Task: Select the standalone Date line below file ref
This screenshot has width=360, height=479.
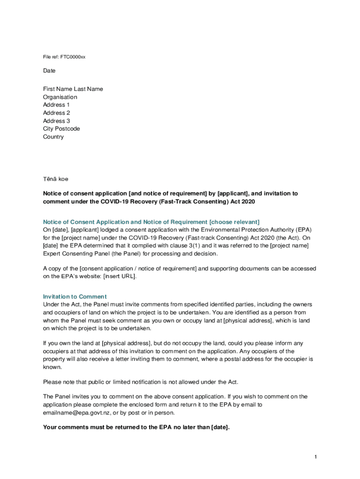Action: (x=49, y=71)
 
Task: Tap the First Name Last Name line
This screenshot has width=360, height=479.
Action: (x=73, y=89)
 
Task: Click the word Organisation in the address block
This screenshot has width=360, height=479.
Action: (x=60, y=97)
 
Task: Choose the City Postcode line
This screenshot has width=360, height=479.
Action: (x=61, y=129)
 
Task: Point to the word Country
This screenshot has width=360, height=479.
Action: (x=53, y=137)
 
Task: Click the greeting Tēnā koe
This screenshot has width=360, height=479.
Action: (x=55, y=179)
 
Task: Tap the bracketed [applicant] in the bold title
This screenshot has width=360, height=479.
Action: (x=233, y=193)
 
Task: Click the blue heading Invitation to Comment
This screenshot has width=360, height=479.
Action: (x=75, y=297)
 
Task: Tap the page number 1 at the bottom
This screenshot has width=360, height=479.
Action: (x=316, y=457)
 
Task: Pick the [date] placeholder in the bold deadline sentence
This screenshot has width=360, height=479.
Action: (x=220, y=427)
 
